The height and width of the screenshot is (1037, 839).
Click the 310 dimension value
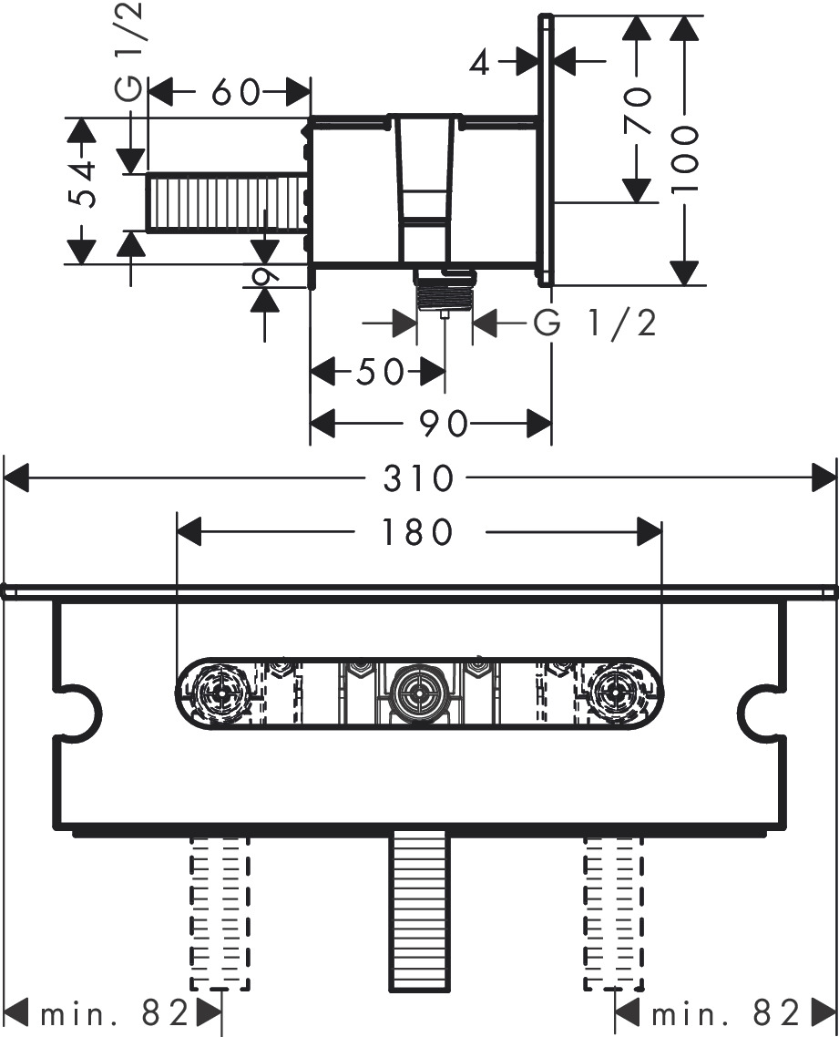tap(418, 477)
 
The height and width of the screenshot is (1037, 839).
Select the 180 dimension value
tap(417, 532)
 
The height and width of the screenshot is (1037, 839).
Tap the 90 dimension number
tap(445, 424)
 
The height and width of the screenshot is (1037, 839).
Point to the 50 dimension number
tap(380, 372)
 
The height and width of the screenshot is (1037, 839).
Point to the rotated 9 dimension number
tap(265, 276)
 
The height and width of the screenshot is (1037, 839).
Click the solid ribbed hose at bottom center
tap(417, 911)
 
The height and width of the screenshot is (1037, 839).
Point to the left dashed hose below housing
tap(219, 911)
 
